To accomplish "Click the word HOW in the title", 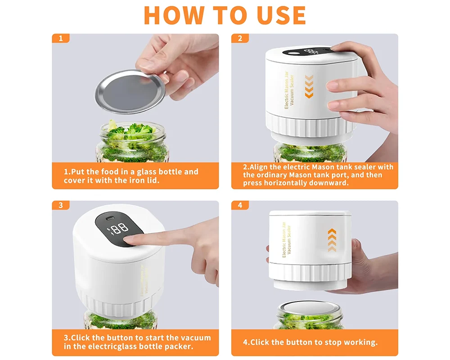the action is point(174,15).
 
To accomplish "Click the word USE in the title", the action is point(282,15).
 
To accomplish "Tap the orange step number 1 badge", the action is point(61,38).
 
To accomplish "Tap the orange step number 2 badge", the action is point(240,38).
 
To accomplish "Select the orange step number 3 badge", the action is point(61,205).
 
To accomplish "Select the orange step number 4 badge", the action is point(240,205).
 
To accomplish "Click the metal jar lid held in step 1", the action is point(130,92).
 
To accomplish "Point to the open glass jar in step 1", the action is point(133,142).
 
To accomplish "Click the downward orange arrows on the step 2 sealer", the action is point(309,86).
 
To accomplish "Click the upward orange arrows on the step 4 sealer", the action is point(332,240).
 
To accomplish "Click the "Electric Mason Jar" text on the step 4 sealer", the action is point(284,239).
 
